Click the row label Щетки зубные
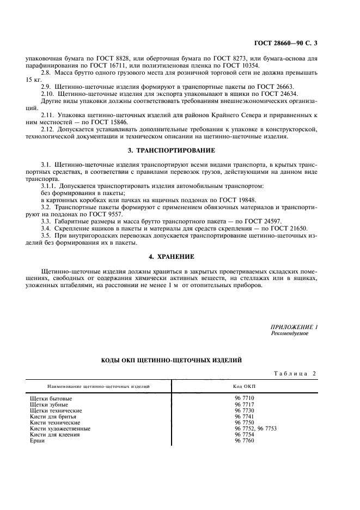pos(49,404)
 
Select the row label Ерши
pos(38,440)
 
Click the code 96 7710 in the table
pos(244,398)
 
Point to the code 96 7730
pos(244,410)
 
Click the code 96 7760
pos(244,440)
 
